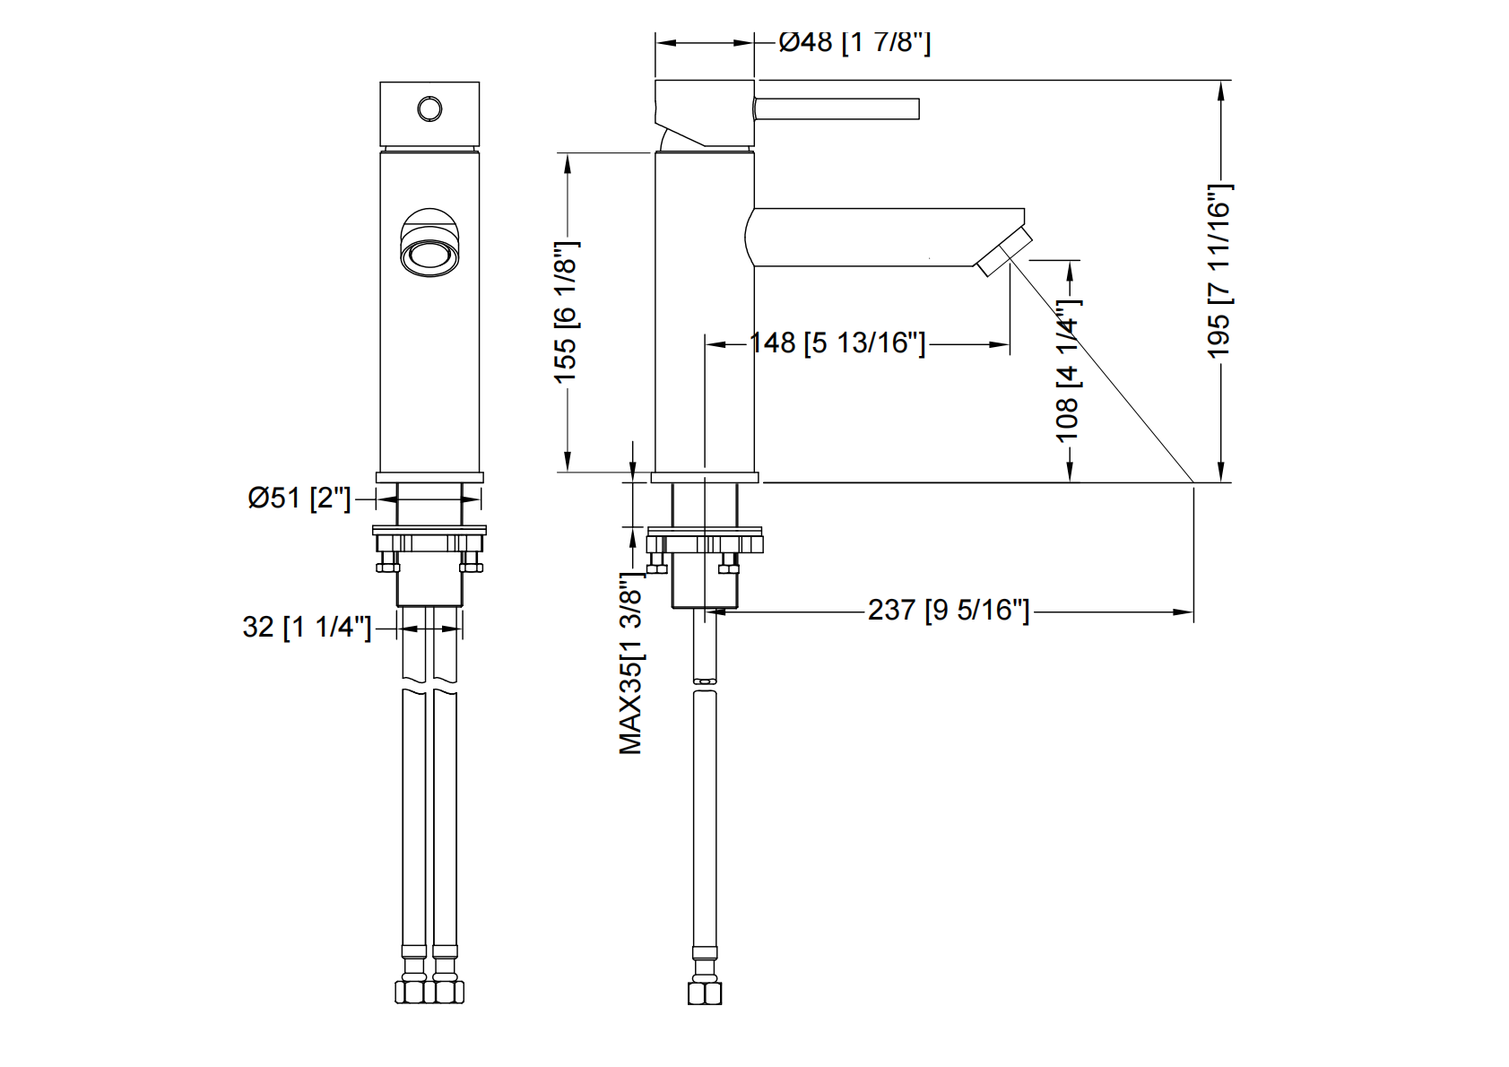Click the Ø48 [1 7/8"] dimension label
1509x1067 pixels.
(x=854, y=42)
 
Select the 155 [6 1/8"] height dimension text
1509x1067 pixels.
(x=566, y=312)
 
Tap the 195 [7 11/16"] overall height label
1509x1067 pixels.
(x=1219, y=271)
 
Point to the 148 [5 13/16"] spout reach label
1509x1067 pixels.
(x=837, y=343)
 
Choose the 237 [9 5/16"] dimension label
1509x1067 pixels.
(x=948, y=611)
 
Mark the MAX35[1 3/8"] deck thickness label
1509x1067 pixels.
(x=631, y=664)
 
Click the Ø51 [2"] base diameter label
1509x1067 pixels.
(x=299, y=498)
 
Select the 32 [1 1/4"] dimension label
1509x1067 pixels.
(x=306, y=627)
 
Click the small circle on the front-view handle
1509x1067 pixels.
(x=429, y=109)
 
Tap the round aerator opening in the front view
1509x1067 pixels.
(x=429, y=254)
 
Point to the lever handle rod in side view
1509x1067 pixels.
(x=837, y=108)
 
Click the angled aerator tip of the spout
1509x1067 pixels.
(x=1004, y=252)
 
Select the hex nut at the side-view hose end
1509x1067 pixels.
(x=705, y=993)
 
